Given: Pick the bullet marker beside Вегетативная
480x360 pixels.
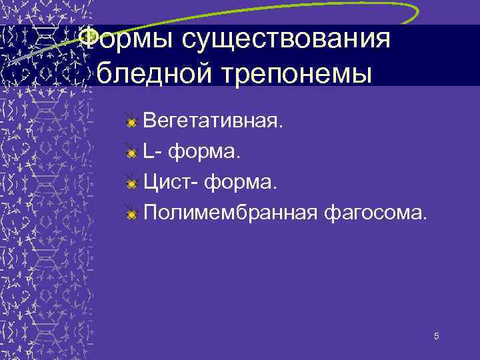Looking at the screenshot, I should [x=132, y=123].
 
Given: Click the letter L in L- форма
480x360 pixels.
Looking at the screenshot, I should [x=149, y=153].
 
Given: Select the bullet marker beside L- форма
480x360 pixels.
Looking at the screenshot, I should [x=132, y=153].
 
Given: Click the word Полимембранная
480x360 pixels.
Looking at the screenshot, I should [x=229, y=213].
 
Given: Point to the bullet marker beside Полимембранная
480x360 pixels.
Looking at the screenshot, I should [x=132, y=213].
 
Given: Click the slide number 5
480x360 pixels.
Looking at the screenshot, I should [x=436, y=337].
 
